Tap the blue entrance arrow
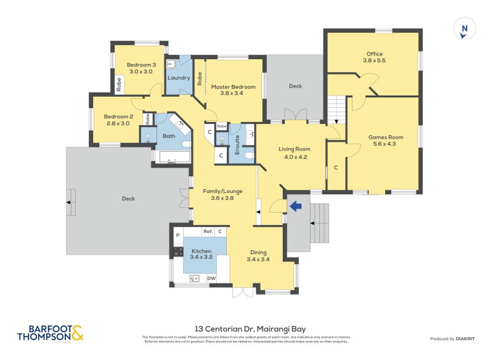coord(295,207)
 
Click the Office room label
coord(374,57)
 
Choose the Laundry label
coord(179,78)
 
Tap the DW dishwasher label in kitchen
coord(211,279)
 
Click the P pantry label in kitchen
coord(177,235)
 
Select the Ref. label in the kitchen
coord(208,231)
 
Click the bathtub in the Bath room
coord(173,157)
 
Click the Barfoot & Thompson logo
coord(50,333)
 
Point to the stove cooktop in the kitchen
coord(177,252)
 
